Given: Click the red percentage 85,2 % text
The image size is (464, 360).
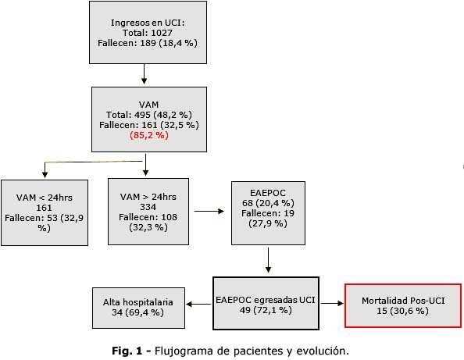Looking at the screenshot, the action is tap(149, 135).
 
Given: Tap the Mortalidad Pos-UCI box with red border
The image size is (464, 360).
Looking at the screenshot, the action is tap(403, 305).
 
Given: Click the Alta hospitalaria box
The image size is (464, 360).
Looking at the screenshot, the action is tap(138, 308).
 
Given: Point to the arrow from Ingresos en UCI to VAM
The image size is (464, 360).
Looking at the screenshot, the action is tap(144, 74).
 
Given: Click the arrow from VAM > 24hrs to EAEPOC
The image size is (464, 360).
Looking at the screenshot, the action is tap(209, 211).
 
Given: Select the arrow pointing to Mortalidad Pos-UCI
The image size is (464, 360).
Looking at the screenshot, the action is tap(332, 303).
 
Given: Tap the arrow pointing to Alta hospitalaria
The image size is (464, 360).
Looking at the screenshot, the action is tap(198, 304).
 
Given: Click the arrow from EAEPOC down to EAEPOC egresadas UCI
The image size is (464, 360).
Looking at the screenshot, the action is tap(269, 260).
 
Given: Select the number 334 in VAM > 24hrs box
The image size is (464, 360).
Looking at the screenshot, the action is tap(148, 207).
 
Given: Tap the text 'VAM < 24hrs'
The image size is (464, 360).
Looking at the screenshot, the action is tap(45, 198).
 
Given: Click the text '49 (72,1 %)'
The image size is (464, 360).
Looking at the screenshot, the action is tap(266, 310).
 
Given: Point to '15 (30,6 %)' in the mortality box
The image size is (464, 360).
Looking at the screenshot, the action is tap(403, 311).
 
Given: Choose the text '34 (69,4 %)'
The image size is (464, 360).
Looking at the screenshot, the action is tap(138, 312).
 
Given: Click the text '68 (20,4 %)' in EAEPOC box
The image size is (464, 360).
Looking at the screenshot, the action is tap(268, 203).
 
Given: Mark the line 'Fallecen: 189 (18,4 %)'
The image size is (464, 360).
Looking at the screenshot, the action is tap(148, 43).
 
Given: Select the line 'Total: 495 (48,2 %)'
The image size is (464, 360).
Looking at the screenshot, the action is tap(149, 115).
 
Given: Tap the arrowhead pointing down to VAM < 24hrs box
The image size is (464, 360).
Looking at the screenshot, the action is tap(45, 174).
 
